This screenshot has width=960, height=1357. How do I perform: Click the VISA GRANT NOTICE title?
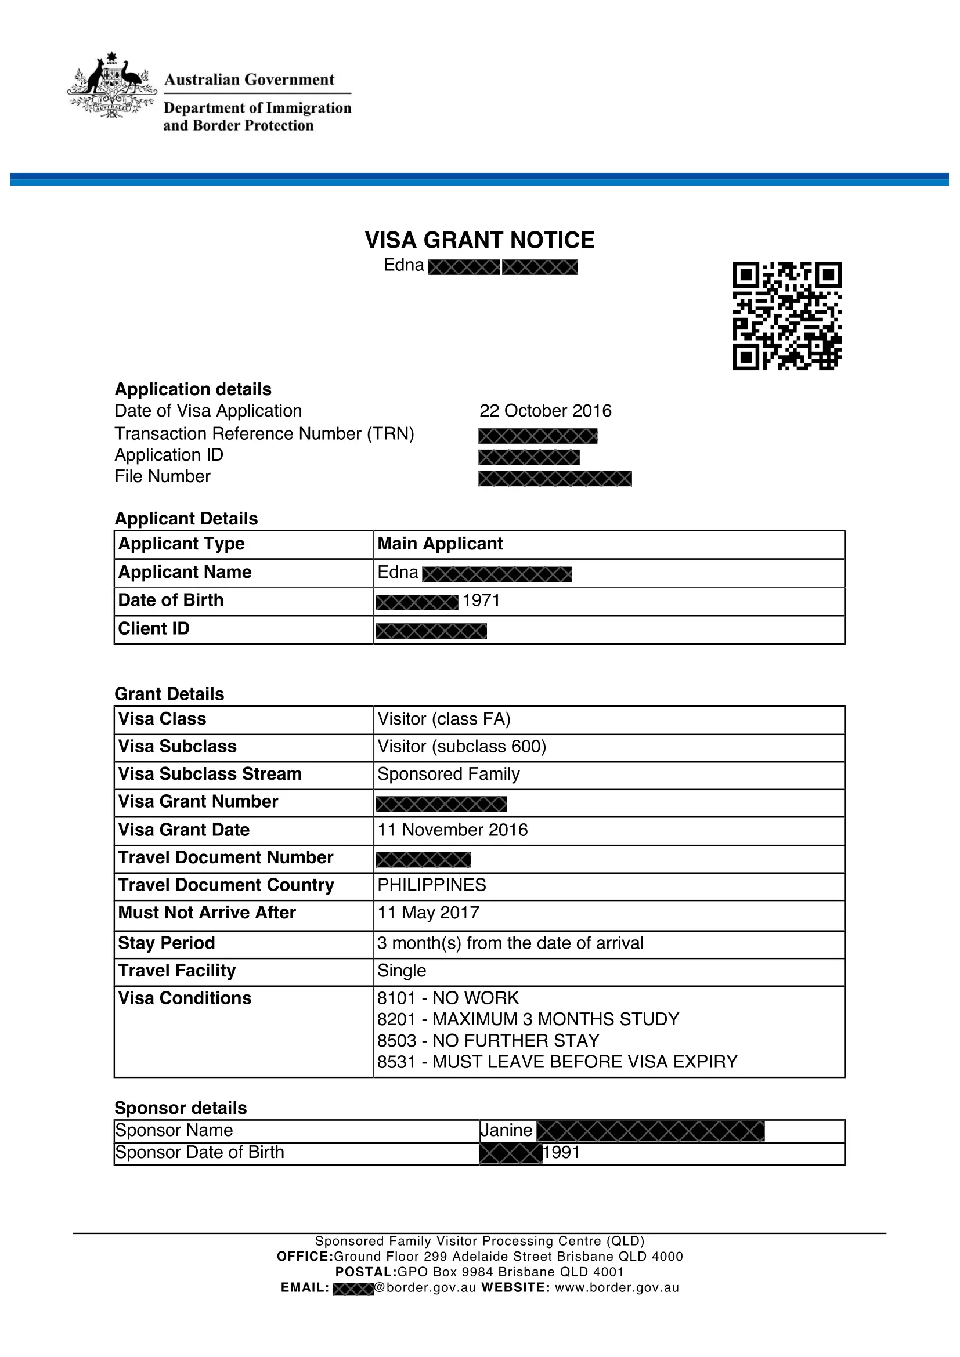coord(479,240)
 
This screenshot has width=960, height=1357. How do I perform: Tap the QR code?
coord(787,316)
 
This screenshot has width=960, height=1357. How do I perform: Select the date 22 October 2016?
coord(545,411)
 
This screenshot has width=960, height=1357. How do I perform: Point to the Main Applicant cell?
coord(441,544)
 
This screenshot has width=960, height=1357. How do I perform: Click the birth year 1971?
coord(481,600)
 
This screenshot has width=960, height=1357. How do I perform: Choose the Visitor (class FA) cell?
coord(444,719)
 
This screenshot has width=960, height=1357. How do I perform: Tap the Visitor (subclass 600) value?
coord(461,747)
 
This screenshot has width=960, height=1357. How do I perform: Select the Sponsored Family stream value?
coord(449,775)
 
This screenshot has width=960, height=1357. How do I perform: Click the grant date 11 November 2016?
coord(453,830)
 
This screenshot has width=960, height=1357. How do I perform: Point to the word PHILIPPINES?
coord(432,885)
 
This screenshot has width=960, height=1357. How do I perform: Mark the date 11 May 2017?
coord(428,913)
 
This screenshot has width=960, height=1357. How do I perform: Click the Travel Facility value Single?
coord(402,971)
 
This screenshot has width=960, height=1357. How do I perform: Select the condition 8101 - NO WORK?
coord(448,998)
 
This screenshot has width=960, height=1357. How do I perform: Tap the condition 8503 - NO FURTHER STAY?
coord(488,1040)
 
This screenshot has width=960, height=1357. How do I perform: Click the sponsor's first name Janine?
coord(507,1130)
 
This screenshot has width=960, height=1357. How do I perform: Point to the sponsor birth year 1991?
coord(562,1152)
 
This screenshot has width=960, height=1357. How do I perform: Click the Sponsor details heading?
coord(181,1108)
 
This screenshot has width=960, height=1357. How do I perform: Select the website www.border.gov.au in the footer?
coord(616,1287)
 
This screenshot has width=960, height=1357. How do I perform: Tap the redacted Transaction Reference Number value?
coord(538,436)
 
